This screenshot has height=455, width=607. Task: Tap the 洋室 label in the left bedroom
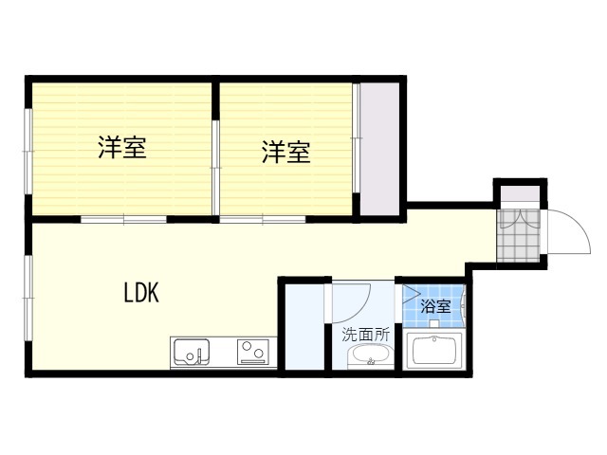coord(122,148)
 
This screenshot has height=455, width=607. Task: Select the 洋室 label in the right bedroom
coord(286,152)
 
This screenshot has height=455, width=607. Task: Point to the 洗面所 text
coord(366,334)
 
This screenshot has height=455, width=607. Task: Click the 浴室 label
coord(435,306)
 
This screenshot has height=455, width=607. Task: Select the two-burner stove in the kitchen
coord(253,353)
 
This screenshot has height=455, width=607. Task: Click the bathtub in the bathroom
coord(435,353)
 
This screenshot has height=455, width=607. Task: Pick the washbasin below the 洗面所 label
coord(368,357)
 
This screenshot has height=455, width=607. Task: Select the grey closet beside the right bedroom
coord(380,148)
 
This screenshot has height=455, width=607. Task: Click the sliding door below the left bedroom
coord(123,220)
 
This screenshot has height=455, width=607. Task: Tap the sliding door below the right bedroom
coord(263,220)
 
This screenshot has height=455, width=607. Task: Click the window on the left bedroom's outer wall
coord(28,148)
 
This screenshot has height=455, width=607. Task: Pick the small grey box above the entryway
coord(520,194)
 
